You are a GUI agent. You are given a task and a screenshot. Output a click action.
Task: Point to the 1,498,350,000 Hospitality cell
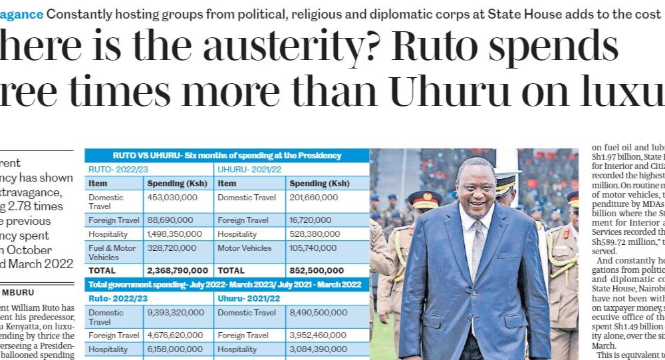[x=177, y=234]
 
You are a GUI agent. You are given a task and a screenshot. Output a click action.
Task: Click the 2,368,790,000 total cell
[x=178, y=271]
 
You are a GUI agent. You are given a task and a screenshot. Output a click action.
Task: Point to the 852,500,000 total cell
[x=317, y=271]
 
